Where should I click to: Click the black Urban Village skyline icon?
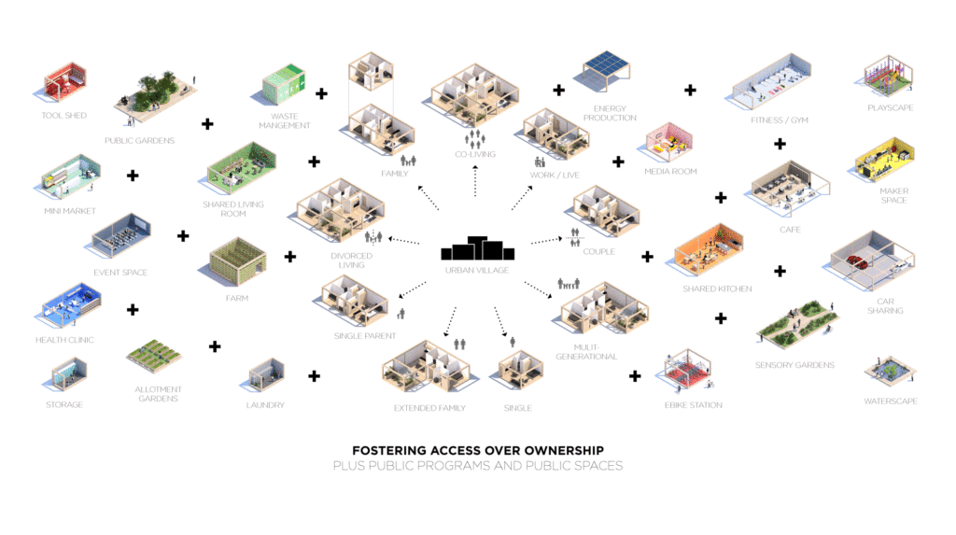pos(477,248)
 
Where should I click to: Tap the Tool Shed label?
pos(63,116)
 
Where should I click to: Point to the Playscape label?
pos(890,108)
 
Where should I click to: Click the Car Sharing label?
pos(884,305)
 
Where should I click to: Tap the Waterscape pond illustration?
pos(887,370)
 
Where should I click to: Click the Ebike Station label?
pos(694,405)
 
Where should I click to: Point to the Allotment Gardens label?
pos(157,394)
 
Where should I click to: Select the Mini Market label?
pos(69,211)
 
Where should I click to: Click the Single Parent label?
pos(365,336)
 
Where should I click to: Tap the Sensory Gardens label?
pos(794,365)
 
